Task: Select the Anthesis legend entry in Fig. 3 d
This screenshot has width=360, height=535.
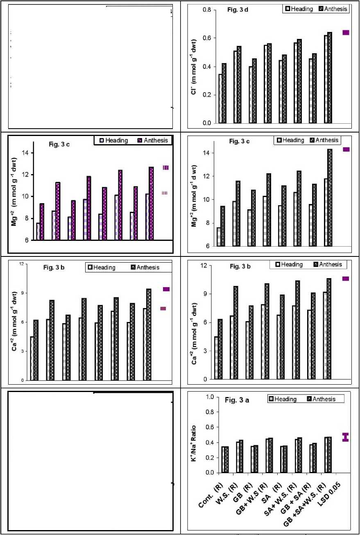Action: pos(333,9)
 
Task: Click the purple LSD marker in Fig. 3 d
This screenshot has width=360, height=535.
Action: pos(346,33)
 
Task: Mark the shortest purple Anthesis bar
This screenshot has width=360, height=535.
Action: pos(42,221)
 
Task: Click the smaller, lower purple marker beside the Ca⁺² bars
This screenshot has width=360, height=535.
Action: pos(163,308)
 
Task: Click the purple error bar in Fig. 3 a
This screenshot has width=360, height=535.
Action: pos(346,438)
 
